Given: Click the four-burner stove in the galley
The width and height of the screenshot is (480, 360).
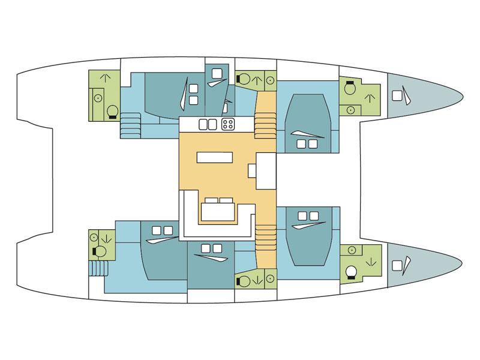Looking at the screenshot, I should click(228, 125).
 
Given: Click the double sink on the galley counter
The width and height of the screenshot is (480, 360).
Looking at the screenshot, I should click(207, 125).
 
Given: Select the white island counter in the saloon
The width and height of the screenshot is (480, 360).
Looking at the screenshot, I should click(213, 157).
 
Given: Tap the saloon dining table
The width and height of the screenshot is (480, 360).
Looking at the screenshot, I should click(218, 212).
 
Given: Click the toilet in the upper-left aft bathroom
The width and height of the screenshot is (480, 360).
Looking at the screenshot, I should click(111, 112).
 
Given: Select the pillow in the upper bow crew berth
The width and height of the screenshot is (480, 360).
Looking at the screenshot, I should click(397, 95).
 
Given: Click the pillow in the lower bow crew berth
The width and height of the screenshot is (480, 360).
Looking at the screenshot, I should click(397, 265).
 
